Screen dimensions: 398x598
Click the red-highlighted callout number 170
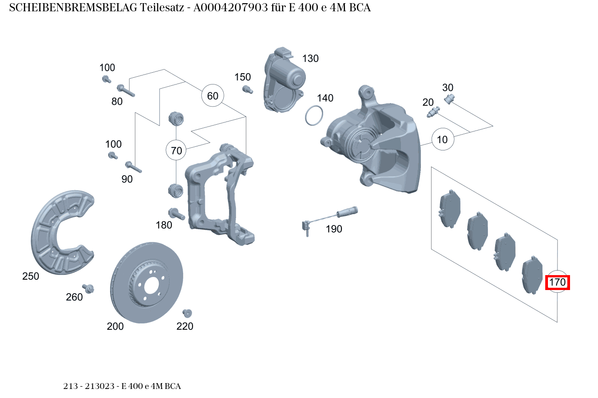(x=557, y=282)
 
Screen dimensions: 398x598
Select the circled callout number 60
(x=212, y=96)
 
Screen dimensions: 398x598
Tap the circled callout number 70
(x=177, y=150)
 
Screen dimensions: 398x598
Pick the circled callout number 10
(x=442, y=140)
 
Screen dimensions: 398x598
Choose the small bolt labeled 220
(x=187, y=313)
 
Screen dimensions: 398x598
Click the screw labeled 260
(x=88, y=288)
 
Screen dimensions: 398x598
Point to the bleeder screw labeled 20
(x=432, y=112)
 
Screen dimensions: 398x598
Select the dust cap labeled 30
(x=449, y=99)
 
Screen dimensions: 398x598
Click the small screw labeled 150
(x=246, y=89)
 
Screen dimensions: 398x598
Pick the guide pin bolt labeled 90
(x=133, y=167)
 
